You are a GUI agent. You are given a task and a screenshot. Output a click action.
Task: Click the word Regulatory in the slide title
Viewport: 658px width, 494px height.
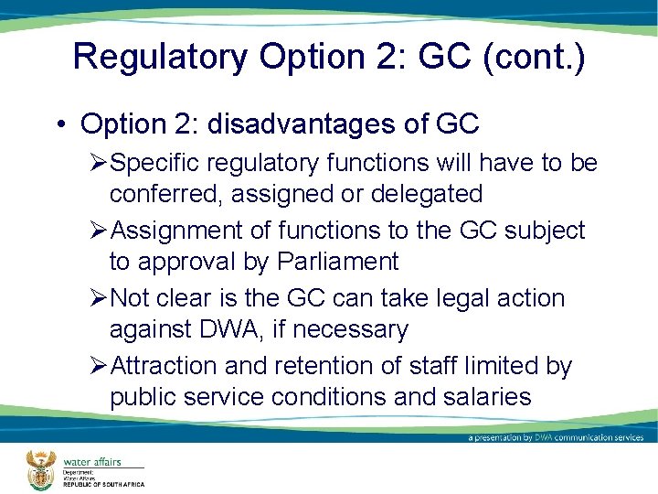tap(161, 57)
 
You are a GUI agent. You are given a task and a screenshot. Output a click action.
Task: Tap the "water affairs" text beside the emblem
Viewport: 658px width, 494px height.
tap(92, 461)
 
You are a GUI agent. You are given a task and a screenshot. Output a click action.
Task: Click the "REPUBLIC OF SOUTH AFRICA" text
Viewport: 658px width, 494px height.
tap(104, 485)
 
